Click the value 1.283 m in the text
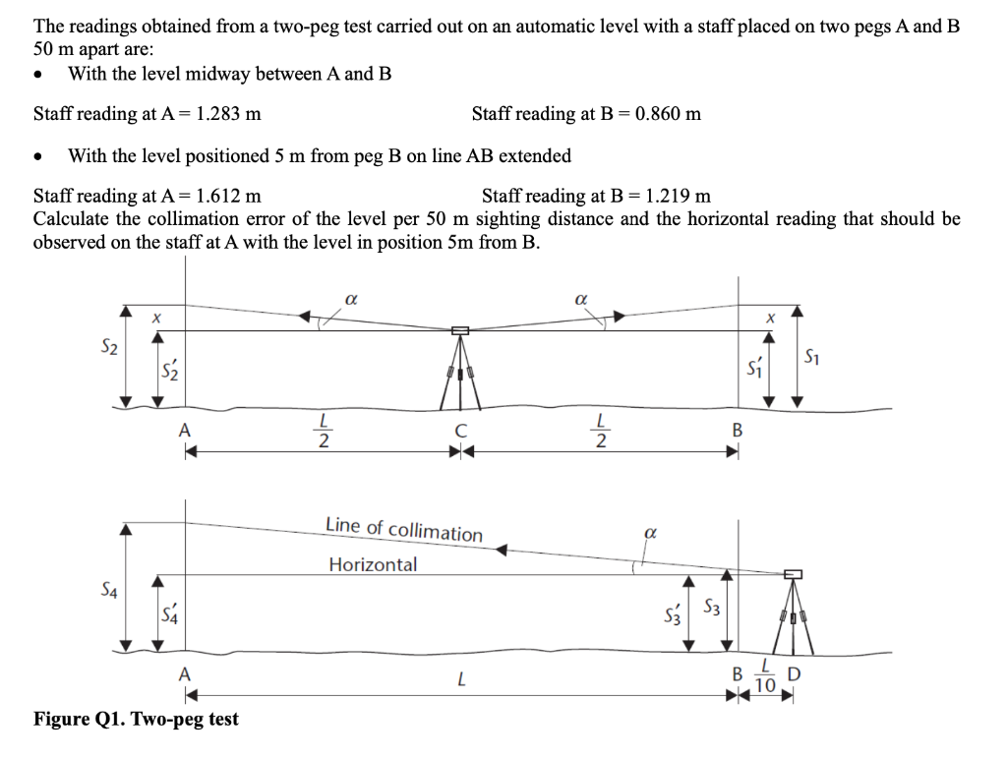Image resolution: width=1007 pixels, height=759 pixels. point(228,114)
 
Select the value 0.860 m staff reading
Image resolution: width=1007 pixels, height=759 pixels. point(668,114)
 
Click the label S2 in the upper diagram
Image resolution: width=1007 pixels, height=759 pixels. point(110,346)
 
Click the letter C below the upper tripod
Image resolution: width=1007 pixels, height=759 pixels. point(459,430)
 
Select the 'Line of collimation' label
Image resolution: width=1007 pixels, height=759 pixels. point(404,528)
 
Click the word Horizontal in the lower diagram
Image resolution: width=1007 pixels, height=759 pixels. point(373,564)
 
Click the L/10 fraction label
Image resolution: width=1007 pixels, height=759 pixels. point(767,676)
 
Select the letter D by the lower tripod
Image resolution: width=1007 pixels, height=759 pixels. point(795,674)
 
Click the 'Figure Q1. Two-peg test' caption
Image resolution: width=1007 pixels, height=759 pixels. point(136,719)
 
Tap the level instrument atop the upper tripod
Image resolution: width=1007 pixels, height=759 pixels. point(459,330)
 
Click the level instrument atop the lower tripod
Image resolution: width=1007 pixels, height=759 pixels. point(794,574)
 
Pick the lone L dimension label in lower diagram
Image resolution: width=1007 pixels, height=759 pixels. point(459,678)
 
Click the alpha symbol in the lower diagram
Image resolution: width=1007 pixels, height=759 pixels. point(648,532)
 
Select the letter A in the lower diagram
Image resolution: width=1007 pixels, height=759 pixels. point(183,673)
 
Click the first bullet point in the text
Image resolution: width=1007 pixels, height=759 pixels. point(38,76)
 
